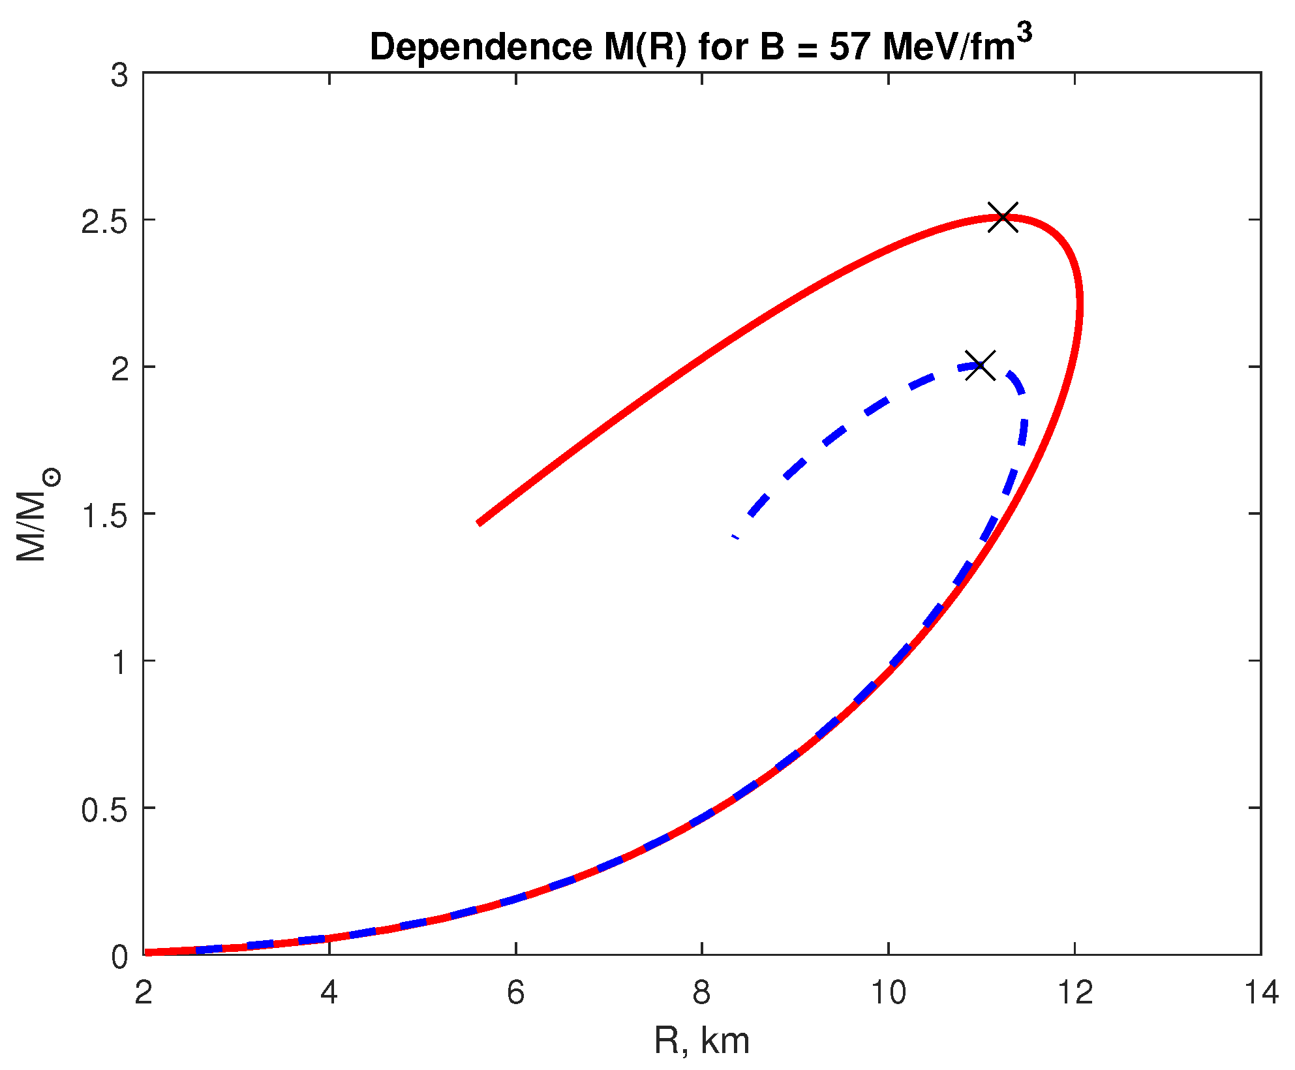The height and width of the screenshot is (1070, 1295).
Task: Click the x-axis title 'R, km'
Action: [701, 1040]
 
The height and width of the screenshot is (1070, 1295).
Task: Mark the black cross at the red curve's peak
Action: [1003, 217]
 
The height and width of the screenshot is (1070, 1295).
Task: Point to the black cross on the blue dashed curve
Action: [980, 365]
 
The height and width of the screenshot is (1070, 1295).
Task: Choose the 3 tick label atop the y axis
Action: [119, 76]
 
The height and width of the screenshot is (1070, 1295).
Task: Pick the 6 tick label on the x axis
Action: [515, 993]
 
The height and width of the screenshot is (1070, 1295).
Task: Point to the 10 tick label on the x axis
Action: [889, 993]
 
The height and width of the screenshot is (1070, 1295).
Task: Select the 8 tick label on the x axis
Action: [702, 993]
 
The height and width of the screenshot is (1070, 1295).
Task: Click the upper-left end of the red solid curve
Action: [480, 522]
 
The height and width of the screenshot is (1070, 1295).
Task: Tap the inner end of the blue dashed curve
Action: [735, 537]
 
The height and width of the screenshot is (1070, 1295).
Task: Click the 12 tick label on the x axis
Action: [1074, 993]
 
